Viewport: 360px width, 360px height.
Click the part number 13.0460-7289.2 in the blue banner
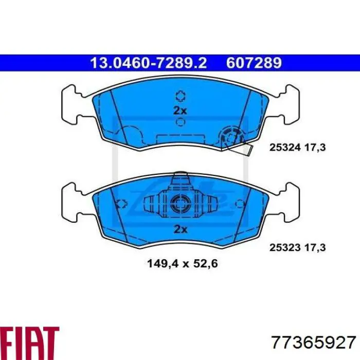tap(149, 63)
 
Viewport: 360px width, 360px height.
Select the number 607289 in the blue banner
tap(254, 63)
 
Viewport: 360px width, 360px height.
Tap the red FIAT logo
tap(29, 343)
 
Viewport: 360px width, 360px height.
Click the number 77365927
tap(314, 343)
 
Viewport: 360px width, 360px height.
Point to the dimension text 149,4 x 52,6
tap(182, 263)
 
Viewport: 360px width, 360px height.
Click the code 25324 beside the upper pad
tap(285, 148)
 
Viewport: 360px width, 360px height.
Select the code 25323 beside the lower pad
tap(285, 247)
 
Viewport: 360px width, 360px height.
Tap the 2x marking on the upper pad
tap(180, 111)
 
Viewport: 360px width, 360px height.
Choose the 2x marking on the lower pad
tap(181, 229)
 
